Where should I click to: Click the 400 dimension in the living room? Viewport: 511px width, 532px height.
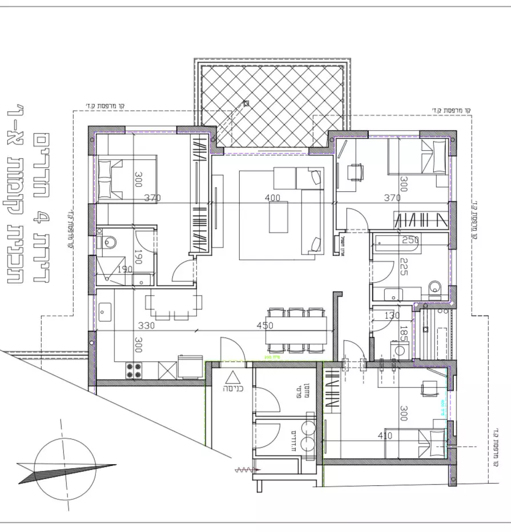click(273, 198)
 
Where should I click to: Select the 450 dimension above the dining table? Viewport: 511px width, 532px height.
click(265, 326)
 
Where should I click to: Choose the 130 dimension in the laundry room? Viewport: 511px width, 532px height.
click(392, 316)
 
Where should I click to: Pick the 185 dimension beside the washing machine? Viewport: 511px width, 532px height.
click(403, 334)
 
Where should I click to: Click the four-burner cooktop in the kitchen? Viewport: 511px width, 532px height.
click(134, 370)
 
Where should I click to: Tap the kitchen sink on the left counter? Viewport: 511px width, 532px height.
click(104, 312)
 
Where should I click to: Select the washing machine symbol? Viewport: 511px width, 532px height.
click(397, 349)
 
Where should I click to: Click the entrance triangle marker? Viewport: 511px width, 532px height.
click(233, 377)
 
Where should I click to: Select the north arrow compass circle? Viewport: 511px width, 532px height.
click(65, 464)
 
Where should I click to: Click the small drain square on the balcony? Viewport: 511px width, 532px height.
click(247, 103)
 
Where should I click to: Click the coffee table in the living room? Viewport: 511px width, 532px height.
click(279, 218)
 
